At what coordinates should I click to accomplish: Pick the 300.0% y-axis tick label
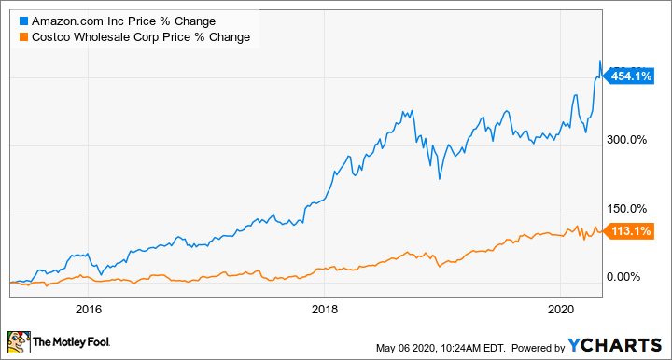tap(628, 140)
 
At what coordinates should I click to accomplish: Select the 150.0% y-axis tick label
tap(628, 208)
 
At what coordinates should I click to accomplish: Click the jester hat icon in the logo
tap(19, 341)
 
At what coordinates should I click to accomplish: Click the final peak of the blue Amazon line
tap(599, 62)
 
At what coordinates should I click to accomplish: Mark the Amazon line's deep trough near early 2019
tap(439, 178)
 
